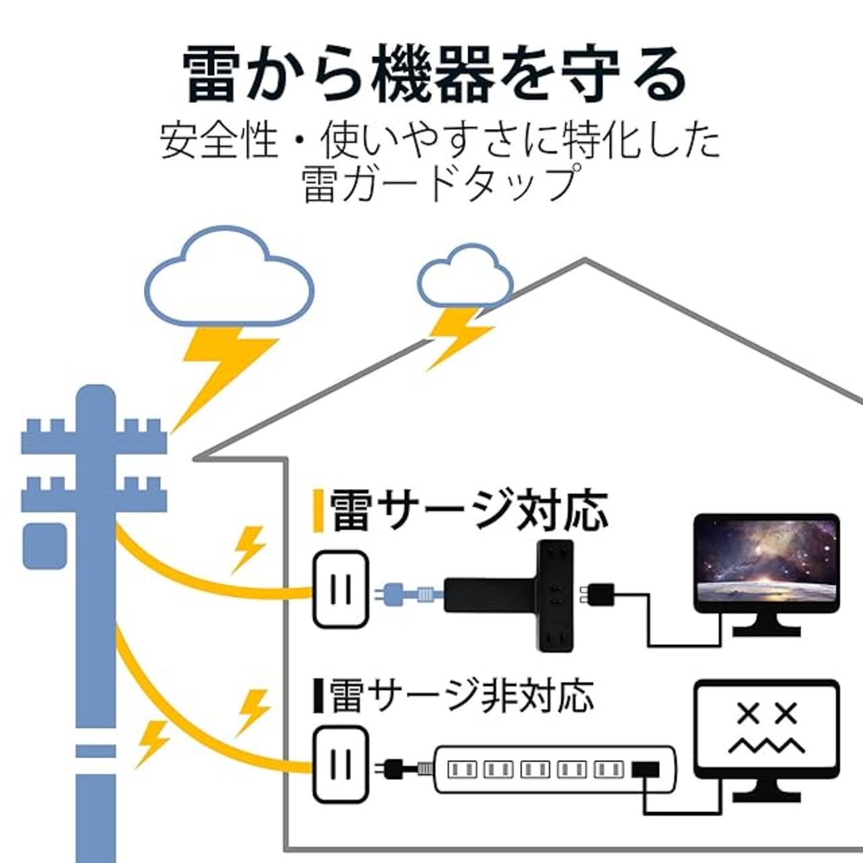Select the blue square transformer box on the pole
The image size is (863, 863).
click(44, 546)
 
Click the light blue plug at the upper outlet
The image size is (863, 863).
click(406, 594)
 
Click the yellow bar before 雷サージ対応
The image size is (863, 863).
click(319, 510)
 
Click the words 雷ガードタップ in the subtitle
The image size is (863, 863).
click(438, 184)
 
